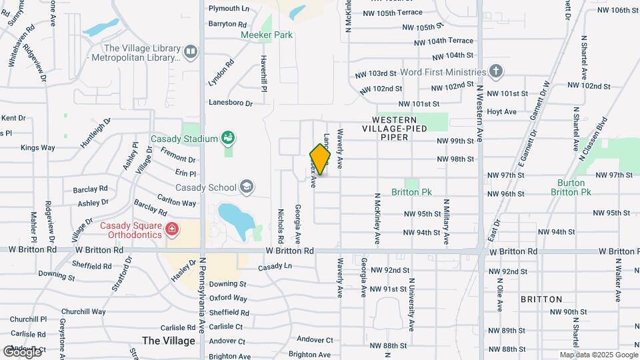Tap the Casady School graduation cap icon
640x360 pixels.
pyautogui.click(x=247, y=187)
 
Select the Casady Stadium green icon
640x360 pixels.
pyautogui.click(x=229, y=139)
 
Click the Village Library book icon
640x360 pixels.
pyautogui.click(x=191, y=51)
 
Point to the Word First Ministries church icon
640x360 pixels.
pyautogui.click(x=496, y=71)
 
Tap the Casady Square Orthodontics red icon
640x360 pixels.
pyautogui.click(x=172, y=230)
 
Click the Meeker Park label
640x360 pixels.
pyautogui.click(x=267, y=35)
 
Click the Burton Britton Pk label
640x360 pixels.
pyautogui.click(x=571, y=187)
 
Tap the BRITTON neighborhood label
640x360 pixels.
pyautogui.click(x=541, y=299)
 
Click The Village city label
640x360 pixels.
pyautogui.click(x=169, y=341)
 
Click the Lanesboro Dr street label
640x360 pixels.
pyautogui.click(x=231, y=103)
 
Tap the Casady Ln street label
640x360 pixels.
pyautogui.click(x=275, y=266)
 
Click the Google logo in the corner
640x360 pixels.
pyautogui.click(x=22, y=351)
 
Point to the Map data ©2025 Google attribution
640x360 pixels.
pyautogui.click(x=597, y=355)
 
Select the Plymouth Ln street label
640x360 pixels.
pyautogui.click(x=229, y=9)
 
